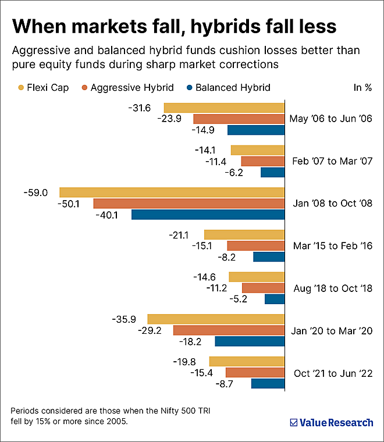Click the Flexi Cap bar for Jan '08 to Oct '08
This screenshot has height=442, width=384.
pos(172,193)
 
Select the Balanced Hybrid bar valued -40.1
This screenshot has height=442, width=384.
pos(208,215)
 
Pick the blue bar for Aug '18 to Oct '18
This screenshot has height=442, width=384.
pos(275,299)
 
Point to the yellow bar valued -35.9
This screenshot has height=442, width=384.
pos(216,319)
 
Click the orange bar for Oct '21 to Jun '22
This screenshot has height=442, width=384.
pos(255,372)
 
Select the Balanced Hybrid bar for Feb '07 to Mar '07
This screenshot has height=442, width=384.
pos(272,172)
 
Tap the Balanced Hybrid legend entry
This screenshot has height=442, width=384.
pos(227,88)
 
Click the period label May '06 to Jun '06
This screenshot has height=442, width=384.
pos(331,119)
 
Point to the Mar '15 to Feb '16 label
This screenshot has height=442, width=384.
pos(332,246)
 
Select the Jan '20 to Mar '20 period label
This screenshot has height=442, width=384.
pos(331,330)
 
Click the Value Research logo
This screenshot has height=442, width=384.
pos(331,423)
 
